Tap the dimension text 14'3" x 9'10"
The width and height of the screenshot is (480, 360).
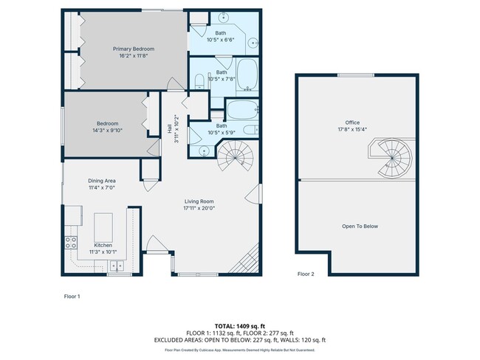point(107,131)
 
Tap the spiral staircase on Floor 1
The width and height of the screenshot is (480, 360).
point(236,157)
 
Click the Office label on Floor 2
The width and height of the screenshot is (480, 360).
point(352,122)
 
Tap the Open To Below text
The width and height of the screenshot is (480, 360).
point(360,226)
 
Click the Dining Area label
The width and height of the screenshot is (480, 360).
point(102,181)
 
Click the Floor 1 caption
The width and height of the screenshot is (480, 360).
point(72,296)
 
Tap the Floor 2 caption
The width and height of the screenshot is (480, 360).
point(306,274)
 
